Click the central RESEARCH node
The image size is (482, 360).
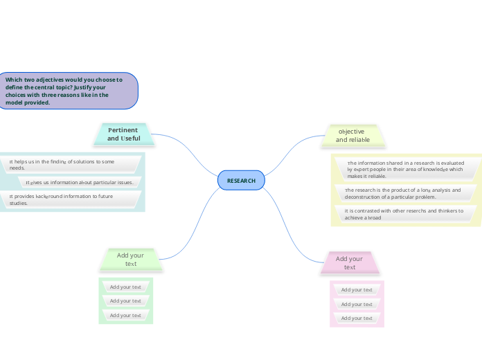tap(241, 181)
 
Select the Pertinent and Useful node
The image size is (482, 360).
tap(123, 134)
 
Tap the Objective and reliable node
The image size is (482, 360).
tap(352, 136)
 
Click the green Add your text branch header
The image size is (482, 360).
tap(130, 260)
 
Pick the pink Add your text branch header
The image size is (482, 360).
tap(349, 263)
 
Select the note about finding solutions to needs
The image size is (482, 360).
tap(69, 164)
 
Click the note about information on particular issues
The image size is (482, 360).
tap(79, 182)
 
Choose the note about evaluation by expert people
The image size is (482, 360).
tap(405, 170)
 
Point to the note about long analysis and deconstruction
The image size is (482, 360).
tap(402, 193)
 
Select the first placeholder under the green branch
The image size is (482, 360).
tap(125, 287)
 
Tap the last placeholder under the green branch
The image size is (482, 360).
tap(125, 315)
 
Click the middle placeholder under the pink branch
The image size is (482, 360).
tap(357, 304)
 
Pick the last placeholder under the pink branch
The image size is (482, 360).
tap(357, 318)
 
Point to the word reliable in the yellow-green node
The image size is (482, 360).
tap(359, 140)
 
